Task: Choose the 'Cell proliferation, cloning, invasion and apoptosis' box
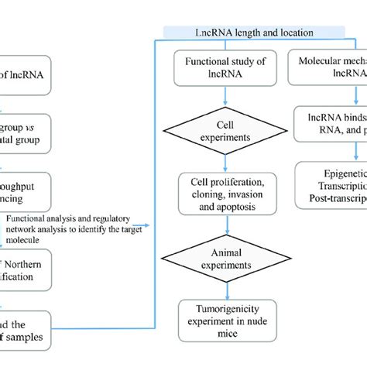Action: (x=225, y=191)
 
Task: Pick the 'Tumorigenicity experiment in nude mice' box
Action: (x=225, y=318)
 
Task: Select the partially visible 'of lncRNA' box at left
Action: (x=23, y=74)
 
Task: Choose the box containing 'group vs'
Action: (x=23, y=134)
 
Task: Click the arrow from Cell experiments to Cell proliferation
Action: (x=225, y=161)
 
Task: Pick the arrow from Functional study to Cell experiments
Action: (x=225, y=98)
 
